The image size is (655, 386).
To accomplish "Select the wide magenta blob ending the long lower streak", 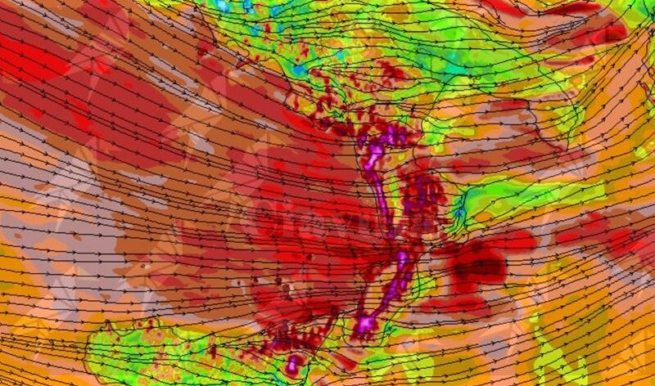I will click(x=364, y=324).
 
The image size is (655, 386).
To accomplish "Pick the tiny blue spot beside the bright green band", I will click(x=459, y=214).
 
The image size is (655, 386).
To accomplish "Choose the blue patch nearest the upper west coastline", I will click(x=300, y=70).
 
